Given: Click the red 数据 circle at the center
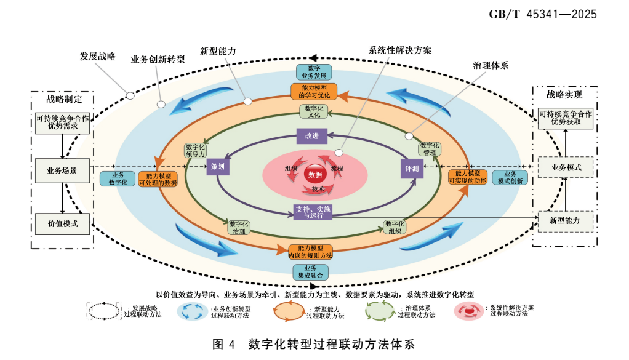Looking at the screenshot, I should (314, 174).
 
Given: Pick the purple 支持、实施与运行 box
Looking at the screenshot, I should (314, 212).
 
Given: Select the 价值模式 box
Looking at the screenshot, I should (62, 224).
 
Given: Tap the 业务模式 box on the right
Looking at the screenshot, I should (566, 167).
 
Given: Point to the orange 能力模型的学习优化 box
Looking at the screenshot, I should (314, 92).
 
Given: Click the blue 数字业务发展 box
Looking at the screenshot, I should (314, 72).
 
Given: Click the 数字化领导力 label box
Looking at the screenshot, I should (196, 150).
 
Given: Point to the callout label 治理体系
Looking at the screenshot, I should (490, 65).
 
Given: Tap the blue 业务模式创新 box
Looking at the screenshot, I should (510, 178).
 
